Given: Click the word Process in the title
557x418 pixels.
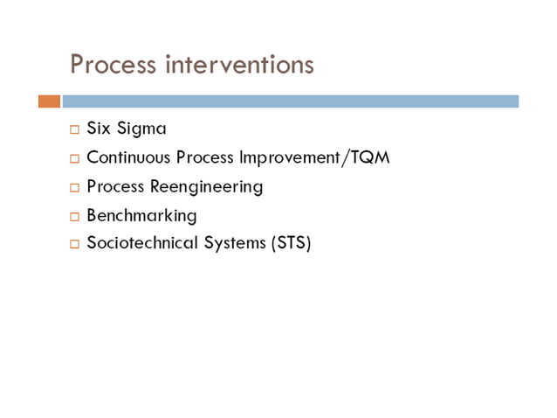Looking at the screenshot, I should tap(112, 65).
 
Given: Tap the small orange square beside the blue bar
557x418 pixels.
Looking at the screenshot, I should tap(49, 101).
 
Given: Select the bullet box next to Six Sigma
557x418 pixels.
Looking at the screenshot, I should tap(74, 130).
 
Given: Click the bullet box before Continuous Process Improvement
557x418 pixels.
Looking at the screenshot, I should tap(74, 159).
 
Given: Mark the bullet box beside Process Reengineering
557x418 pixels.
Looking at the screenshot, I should tap(74, 187).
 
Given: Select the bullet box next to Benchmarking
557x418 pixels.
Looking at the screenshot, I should tap(74, 216).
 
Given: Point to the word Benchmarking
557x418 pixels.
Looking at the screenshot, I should tap(141, 215).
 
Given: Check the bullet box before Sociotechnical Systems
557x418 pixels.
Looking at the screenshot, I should tap(74, 244).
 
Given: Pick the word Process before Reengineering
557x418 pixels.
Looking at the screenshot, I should tap(116, 186).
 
